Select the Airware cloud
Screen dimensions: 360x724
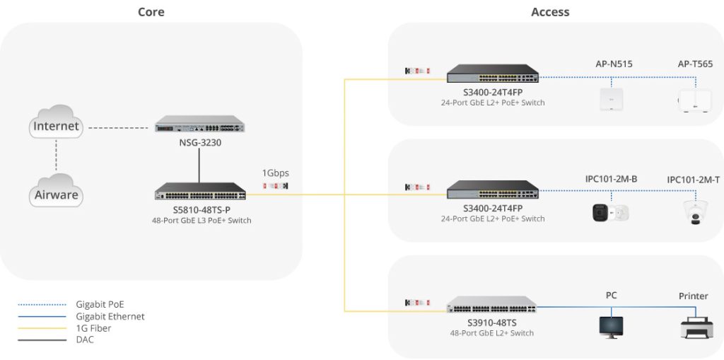coord(56,192)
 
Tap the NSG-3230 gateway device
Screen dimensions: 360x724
coord(200,125)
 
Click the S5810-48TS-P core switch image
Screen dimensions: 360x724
coord(201,192)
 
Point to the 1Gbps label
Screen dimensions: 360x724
coord(276,173)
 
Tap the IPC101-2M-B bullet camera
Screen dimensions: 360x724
coord(609,211)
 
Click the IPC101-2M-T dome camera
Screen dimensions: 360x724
coord(693,211)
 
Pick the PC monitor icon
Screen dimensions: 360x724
coord(611,325)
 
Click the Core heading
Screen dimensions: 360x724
coord(151,12)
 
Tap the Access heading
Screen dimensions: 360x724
coord(550,12)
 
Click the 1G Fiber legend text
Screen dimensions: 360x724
coord(93,328)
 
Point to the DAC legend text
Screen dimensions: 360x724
coord(85,339)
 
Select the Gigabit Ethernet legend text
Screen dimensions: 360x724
coord(110,316)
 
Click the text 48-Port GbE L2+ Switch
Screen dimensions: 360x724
coord(492,332)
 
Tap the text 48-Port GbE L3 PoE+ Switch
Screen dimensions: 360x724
coord(202,221)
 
